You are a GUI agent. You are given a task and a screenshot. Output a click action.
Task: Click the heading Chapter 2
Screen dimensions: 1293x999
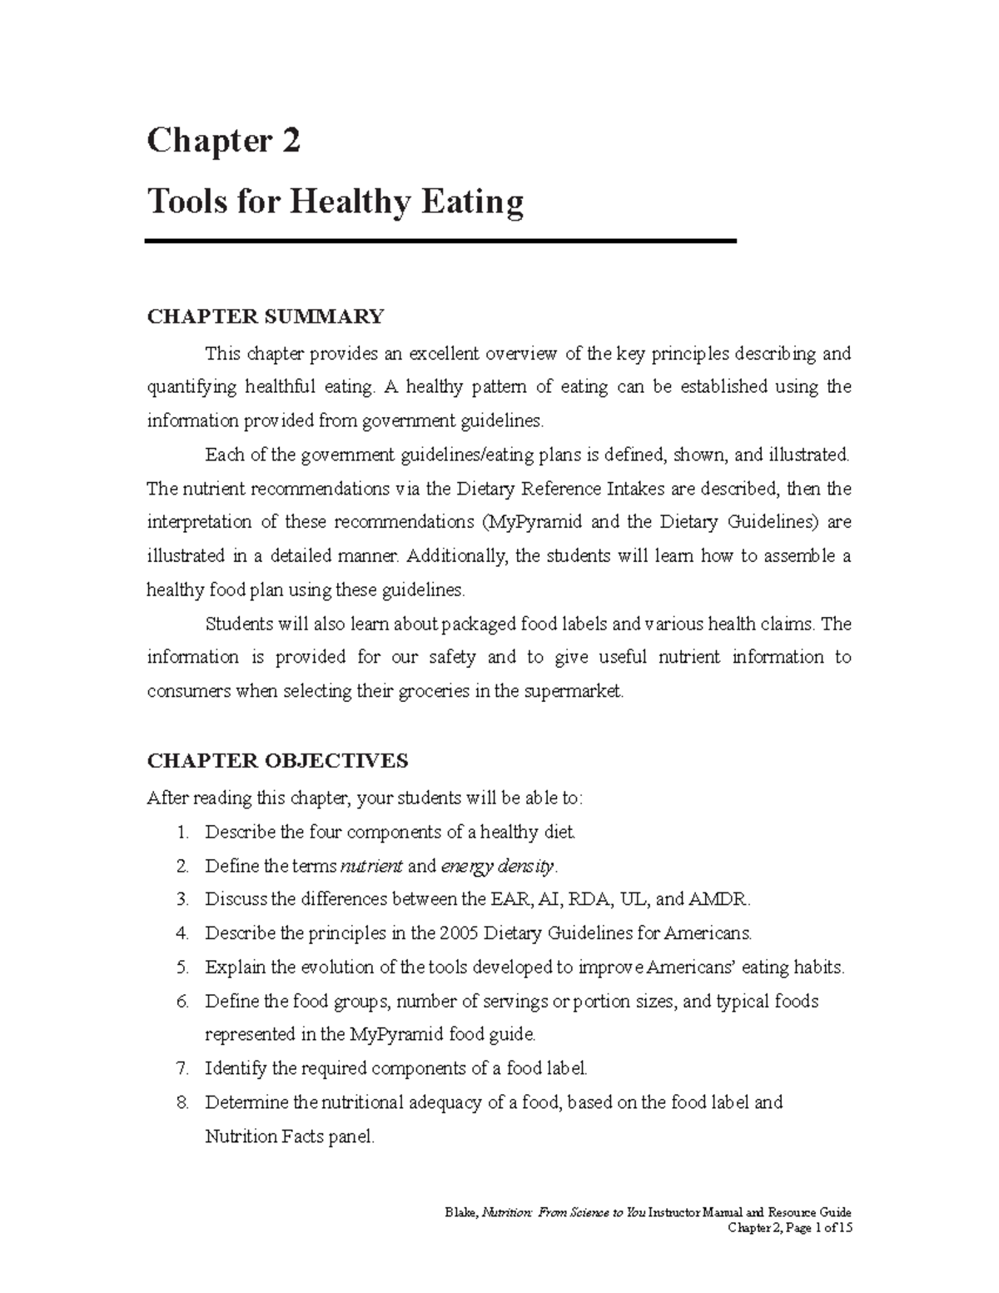coord(223,142)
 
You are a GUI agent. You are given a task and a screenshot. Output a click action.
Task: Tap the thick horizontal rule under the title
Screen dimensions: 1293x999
coord(440,241)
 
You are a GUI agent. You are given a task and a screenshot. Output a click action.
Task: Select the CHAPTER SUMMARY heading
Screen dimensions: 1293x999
coord(265,316)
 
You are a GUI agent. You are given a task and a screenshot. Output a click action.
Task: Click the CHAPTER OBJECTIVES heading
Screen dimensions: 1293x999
coord(277,761)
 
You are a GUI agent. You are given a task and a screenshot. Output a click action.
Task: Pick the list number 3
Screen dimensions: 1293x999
coord(182,899)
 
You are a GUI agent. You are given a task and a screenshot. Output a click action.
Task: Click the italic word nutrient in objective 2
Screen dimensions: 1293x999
coord(371,866)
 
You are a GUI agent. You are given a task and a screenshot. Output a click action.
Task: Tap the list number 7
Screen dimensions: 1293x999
coord(182,1068)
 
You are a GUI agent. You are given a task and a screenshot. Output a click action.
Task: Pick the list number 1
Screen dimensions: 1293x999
coord(182,832)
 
